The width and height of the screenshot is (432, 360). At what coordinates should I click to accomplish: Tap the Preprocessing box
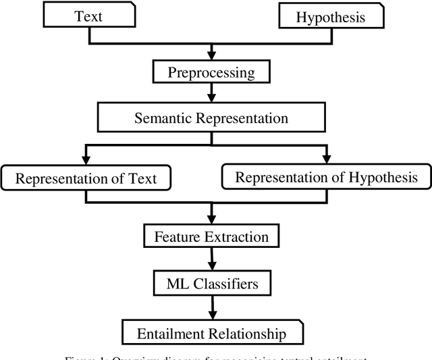[x=213, y=72]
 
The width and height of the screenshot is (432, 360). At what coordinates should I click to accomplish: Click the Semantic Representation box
[x=211, y=118]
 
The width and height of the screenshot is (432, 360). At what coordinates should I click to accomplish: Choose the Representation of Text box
[x=86, y=178]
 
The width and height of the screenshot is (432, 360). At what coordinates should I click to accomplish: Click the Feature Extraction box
[x=211, y=236]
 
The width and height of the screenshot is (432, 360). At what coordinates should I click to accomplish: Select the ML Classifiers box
[x=213, y=284]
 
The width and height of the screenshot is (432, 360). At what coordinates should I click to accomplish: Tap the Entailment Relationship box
[x=211, y=334]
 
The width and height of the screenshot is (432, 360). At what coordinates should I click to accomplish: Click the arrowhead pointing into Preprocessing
[x=213, y=55]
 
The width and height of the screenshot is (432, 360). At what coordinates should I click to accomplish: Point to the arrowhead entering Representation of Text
[x=86, y=159]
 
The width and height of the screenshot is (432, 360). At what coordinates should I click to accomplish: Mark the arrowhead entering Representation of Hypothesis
[x=327, y=159]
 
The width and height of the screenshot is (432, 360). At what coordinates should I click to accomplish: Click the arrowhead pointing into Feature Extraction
[x=213, y=220]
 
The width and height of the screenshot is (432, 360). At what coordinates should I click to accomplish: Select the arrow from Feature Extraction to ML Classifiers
[x=213, y=259]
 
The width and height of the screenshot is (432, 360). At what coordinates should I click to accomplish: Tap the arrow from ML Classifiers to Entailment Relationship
[x=213, y=307]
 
